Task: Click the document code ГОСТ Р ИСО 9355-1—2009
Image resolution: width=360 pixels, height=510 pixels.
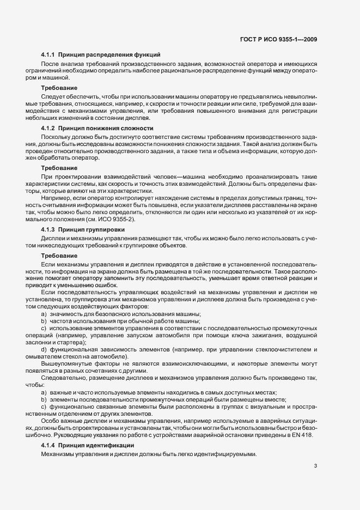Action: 278,38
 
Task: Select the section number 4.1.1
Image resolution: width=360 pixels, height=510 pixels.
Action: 48,55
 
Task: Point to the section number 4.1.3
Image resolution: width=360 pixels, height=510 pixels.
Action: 48,230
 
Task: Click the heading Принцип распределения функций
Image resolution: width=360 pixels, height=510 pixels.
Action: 109,55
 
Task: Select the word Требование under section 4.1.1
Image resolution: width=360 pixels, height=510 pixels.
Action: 58,88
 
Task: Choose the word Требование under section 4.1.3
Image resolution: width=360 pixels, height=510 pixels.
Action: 58,256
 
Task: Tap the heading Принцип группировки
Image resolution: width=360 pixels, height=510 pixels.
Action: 92,230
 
